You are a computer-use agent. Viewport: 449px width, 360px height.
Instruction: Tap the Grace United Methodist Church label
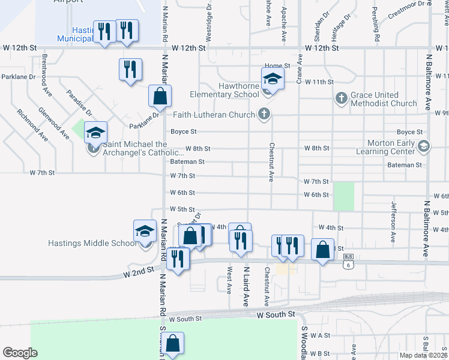tap(383, 99)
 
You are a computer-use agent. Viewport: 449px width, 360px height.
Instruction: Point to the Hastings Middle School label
tap(92, 243)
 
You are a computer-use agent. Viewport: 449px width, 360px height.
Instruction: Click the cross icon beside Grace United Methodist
tap(341, 98)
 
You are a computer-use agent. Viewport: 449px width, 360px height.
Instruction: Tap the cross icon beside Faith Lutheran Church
tap(263, 114)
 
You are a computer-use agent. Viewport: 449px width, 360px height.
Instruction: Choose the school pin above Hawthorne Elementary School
tap(272, 79)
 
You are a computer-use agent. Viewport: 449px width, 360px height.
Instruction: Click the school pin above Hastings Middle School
tap(144, 231)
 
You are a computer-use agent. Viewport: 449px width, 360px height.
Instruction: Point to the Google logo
tap(20, 352)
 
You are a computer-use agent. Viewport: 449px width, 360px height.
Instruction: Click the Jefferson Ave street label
tap(394, 213)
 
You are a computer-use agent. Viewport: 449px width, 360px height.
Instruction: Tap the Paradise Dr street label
tap(79, 103)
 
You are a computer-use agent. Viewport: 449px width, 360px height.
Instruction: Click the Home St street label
tap(277, 65)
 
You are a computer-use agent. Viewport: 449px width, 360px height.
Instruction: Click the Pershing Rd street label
tap(375, 28)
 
